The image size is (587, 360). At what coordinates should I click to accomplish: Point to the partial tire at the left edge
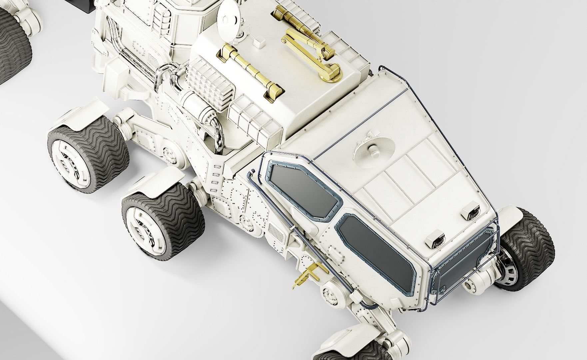point(13,47)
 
